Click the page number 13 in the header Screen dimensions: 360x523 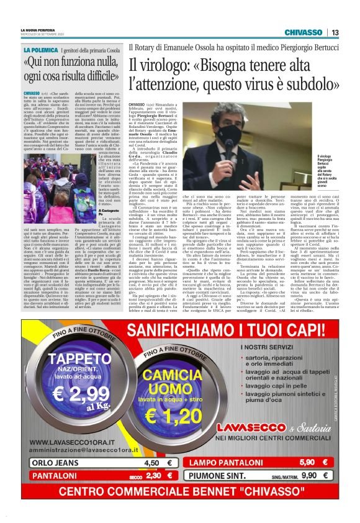pos(335,32)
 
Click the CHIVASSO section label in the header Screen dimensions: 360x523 pos(304,32)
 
